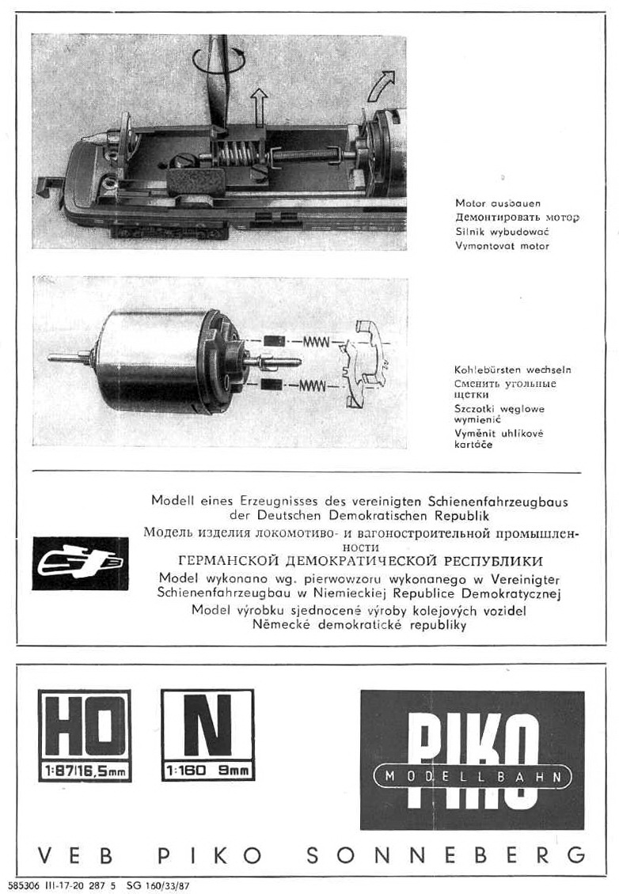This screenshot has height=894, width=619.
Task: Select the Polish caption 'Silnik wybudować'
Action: pos(502,232)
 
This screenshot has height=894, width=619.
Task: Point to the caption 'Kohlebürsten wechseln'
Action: pos(512,369)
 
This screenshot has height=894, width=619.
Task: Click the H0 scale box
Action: pos(85,736)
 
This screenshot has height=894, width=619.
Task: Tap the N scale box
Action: pos(207,736)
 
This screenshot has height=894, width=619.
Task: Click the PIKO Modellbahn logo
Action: pos(472,760)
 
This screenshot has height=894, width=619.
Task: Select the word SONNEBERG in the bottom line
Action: pos(446,855)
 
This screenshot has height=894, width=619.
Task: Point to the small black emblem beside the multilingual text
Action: pos(80,563)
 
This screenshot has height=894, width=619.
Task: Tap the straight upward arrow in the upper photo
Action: pos(258,105)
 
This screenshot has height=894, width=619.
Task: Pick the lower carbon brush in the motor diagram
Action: pos(275,385)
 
